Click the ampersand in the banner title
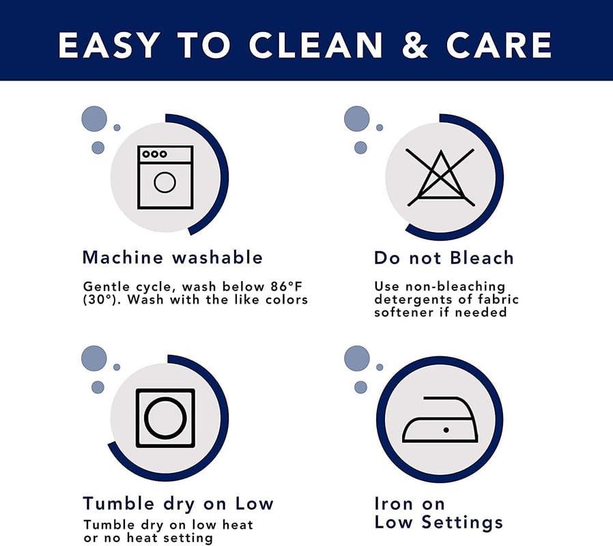click(x=415, y=45)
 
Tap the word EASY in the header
click(x=109, y=45)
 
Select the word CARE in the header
click(x=499, y=45)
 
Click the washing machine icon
click(x=165, y=177)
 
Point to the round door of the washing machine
click(x=165, y=182)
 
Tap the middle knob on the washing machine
click(x=155, y=154)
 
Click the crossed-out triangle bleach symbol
click(x=440, y=177)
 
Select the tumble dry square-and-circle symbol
click(x=165, y=418)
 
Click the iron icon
click(x=440, y=419)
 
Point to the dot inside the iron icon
click(x=446, y=430)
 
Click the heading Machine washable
click(x=173, y=257)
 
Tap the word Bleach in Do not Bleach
click(x=482, y=258)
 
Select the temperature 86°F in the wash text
click(x=286, y=287)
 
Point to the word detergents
click(x=413, y=300)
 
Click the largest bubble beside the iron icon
click(x=357, y=358)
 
